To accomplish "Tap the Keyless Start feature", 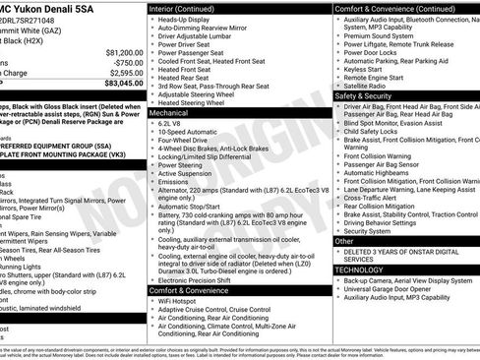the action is [x=364, y=70].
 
